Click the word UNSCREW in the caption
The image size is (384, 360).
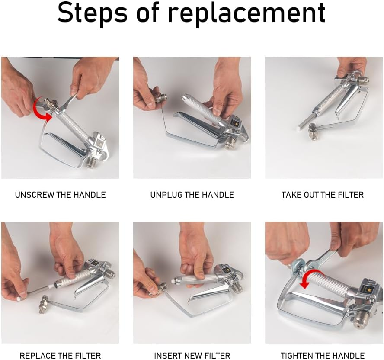(x=35, y=195)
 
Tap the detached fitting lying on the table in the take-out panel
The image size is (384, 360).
(x=314, y=132)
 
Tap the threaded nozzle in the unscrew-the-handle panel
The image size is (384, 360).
(x=93, y=163)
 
